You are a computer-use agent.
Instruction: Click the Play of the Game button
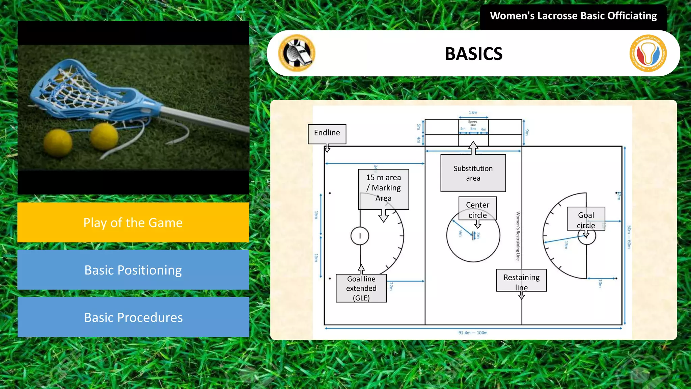click(133, 223)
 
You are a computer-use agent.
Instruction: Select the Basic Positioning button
click(133, 270)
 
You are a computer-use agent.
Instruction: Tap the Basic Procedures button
click(133, 317)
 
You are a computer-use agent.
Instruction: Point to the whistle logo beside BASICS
click(297, 53)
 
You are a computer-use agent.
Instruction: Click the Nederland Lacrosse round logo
click(648, 53)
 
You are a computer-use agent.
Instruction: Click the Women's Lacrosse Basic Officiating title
click(573, 16)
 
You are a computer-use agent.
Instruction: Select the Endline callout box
click(327, 134)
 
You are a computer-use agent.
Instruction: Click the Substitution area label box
click(473, 173)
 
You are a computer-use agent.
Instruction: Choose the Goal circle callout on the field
click(586, 219)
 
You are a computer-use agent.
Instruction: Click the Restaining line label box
click(521, 280)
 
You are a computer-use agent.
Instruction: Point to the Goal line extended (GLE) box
click(361, 288)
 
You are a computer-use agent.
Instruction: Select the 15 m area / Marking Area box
click(383, 188)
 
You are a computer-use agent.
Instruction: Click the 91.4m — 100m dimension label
click(473, 333)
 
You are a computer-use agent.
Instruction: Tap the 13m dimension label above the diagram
click(473, 112)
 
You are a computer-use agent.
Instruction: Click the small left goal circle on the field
click(360, 236)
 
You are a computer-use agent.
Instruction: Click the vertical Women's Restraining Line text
click(518, 236)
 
